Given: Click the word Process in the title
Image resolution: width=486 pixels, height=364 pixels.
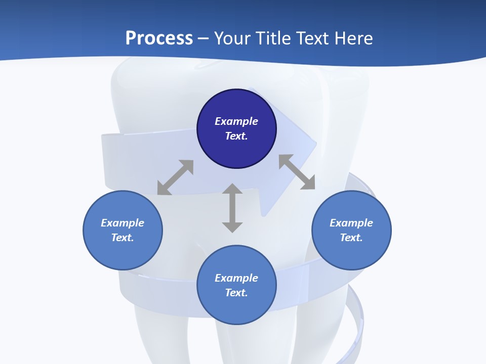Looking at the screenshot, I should click(159, 38).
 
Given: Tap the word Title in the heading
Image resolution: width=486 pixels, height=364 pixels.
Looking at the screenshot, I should click(272, 38).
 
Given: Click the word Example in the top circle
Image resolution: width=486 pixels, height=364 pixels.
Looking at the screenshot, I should click(236, 121).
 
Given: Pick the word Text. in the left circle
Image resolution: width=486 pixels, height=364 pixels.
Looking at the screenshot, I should click(123, 238).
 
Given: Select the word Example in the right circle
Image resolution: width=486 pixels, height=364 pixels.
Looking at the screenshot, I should click(351, 223).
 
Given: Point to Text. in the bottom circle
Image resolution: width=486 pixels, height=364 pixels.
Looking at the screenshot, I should click(236, 293).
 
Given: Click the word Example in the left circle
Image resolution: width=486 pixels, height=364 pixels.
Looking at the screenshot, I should click(123, 223).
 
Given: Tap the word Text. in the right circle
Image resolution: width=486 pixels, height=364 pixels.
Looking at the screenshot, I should click(351, 238).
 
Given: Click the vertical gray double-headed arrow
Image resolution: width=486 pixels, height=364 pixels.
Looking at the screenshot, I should click(232, 208).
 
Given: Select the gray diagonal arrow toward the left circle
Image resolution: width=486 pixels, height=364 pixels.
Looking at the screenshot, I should click(175, 177).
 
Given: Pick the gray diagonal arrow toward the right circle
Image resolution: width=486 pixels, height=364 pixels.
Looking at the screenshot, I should click(297, 172).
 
